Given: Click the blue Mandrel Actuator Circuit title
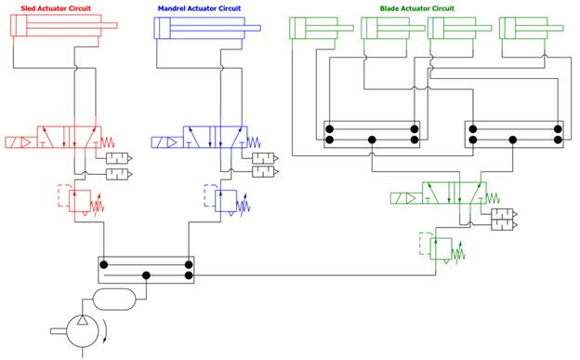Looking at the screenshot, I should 198,7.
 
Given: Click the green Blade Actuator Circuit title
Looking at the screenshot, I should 417,7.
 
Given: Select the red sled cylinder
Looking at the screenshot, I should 56,27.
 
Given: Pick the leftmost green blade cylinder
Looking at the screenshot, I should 312,28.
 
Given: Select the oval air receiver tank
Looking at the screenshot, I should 117,299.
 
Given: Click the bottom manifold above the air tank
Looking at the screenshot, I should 146,271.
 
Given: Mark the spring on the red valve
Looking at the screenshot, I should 111,142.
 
